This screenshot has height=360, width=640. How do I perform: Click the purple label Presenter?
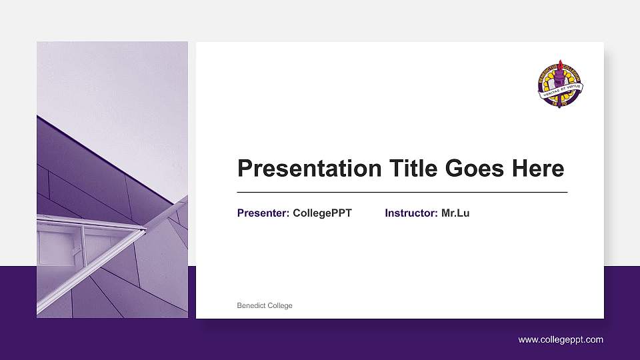263,213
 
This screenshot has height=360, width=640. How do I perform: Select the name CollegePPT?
322,213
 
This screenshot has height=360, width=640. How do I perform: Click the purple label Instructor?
411,213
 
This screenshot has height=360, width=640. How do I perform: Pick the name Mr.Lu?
455,213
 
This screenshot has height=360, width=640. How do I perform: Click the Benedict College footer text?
265,305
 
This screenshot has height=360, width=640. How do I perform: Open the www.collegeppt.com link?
561,339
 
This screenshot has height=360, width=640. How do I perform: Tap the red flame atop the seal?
561,65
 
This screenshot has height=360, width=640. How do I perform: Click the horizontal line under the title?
402,192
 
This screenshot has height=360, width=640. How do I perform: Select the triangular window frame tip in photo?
143,231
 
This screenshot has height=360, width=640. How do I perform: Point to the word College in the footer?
279,305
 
